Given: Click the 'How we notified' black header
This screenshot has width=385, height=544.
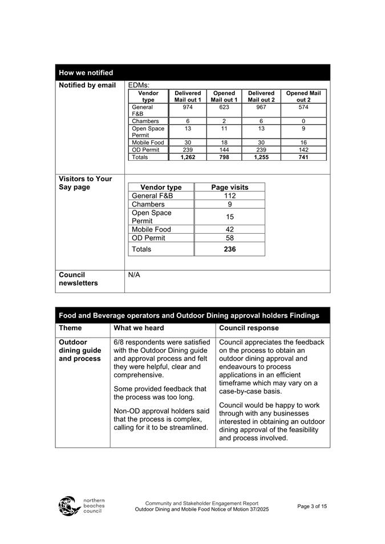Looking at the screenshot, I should [86, 73].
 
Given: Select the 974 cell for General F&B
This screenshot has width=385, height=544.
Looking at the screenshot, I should [188, 107].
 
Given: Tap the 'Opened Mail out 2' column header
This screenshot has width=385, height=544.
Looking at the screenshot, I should [303, 96].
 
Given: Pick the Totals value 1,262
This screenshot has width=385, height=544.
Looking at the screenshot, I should [188, 157].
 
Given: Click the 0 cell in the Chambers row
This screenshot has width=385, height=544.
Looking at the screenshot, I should [303, 121].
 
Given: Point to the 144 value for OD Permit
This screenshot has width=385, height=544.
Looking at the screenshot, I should [224, 150].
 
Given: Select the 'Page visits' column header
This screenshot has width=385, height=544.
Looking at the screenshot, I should [230, 187].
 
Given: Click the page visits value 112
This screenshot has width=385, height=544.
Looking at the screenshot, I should [230, 196].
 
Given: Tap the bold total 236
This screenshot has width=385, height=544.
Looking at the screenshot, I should [230, 249].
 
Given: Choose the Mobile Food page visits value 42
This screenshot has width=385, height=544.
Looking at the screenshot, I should [230, 230].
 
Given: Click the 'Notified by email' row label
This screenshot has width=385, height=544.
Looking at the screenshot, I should [87, 86].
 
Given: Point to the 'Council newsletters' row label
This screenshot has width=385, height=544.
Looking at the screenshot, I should [78, 279].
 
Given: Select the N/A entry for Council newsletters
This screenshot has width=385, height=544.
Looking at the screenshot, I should [134, 275].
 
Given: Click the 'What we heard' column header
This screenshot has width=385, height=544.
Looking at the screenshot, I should [139, 328].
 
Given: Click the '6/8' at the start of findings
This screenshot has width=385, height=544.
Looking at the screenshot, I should [120, 343].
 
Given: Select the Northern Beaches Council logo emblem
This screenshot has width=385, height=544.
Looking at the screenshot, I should [70, 506].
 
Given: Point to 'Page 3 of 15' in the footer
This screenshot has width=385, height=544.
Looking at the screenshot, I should [313, 506].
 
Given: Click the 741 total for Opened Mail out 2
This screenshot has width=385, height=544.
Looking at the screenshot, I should [303, 157].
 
